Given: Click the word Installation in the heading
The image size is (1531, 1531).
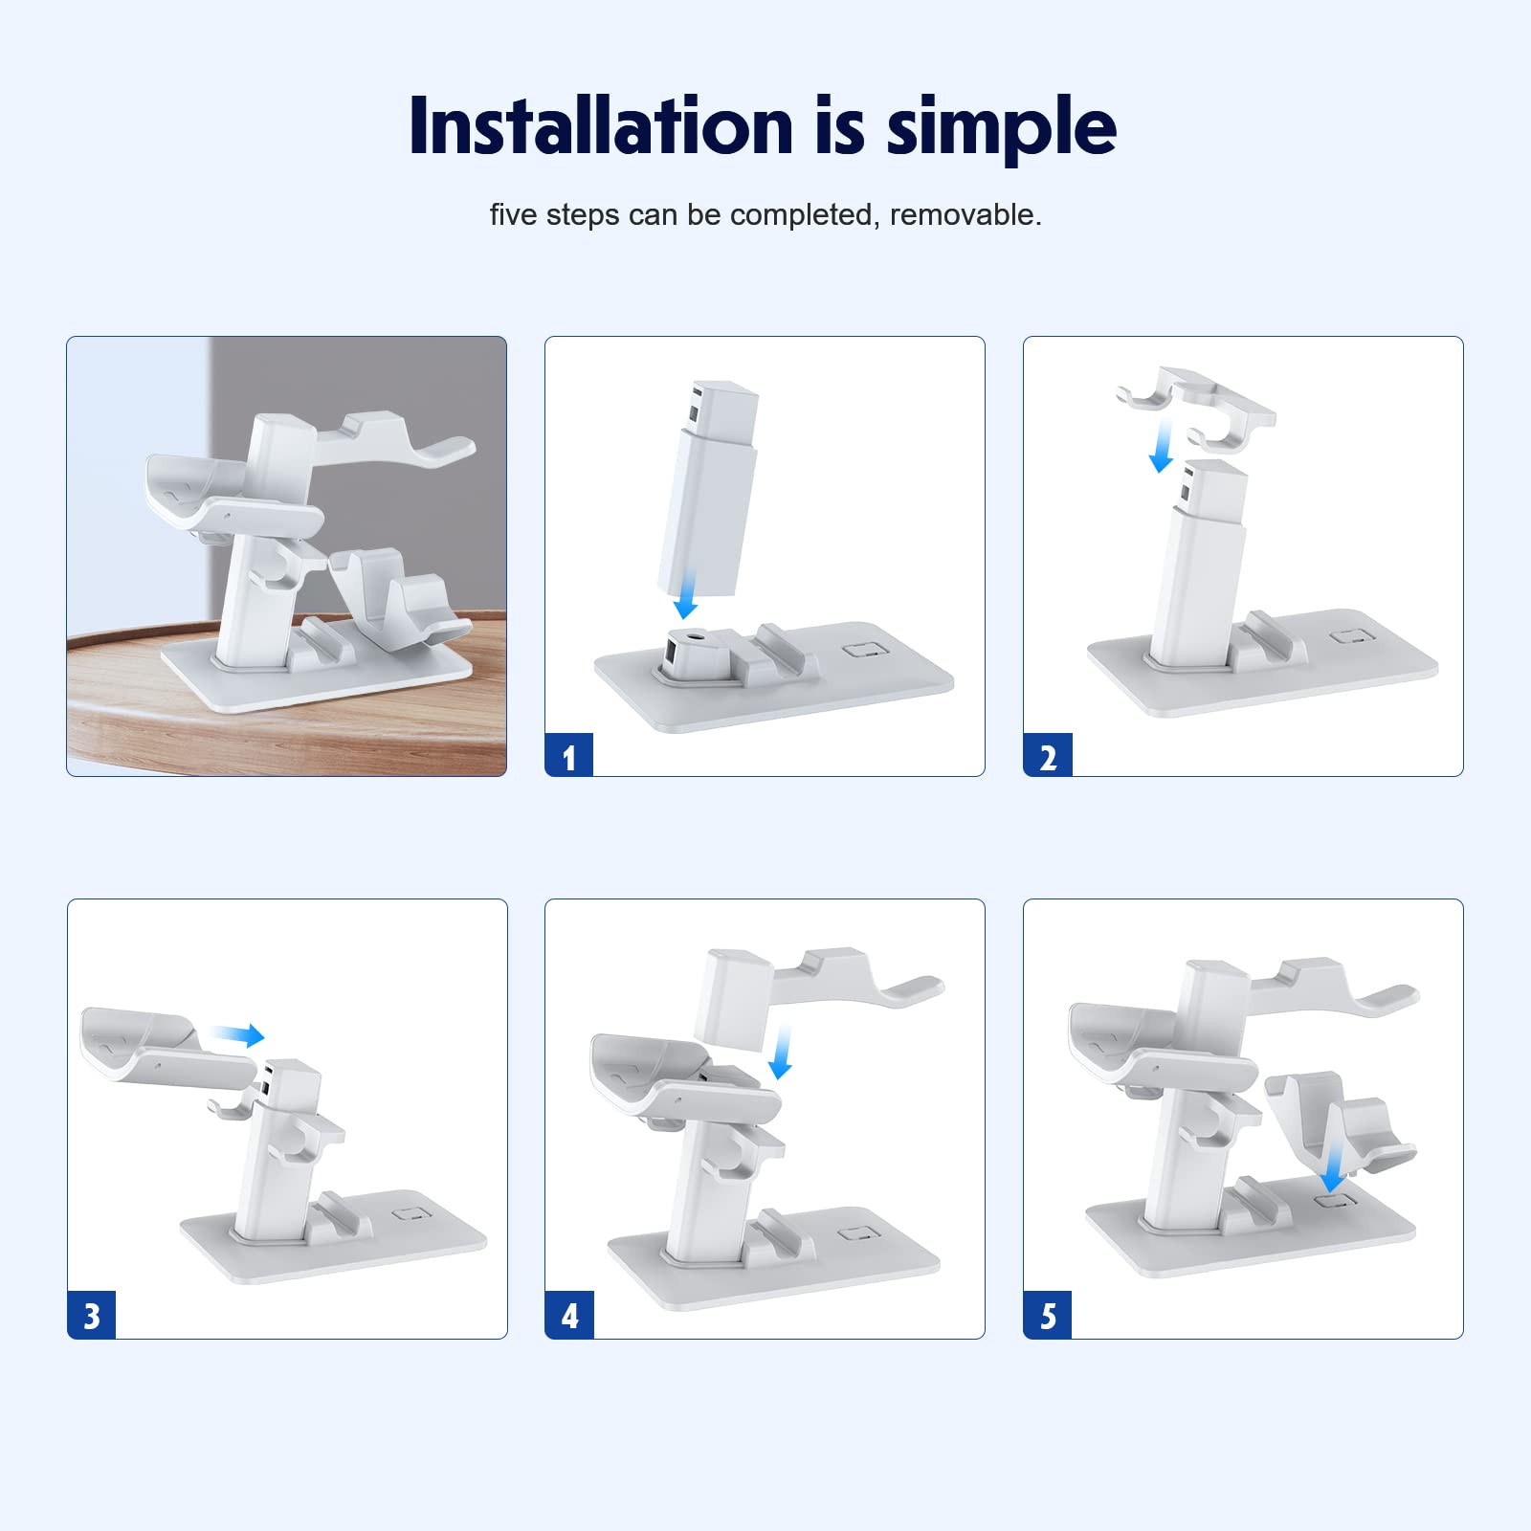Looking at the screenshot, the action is click(601, 125).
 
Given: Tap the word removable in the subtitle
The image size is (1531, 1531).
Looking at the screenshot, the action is click(965, 214).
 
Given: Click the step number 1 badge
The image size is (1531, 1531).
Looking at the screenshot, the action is click(569, 755).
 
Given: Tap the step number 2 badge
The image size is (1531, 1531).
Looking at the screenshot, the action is click(1048, 755).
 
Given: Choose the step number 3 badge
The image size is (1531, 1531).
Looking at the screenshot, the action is click(92, 1316).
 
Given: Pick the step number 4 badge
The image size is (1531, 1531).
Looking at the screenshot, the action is click(569, 1316).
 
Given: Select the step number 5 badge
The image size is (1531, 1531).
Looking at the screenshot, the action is click(1048, 1316).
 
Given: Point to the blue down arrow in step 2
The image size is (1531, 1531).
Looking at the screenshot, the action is click(1163, 446).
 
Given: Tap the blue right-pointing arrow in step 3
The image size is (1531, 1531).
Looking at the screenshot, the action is click(237, 1034).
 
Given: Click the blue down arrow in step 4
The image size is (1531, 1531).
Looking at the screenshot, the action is click(783, 1052).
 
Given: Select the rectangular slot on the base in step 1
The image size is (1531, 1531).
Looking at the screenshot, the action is click(866, 651).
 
